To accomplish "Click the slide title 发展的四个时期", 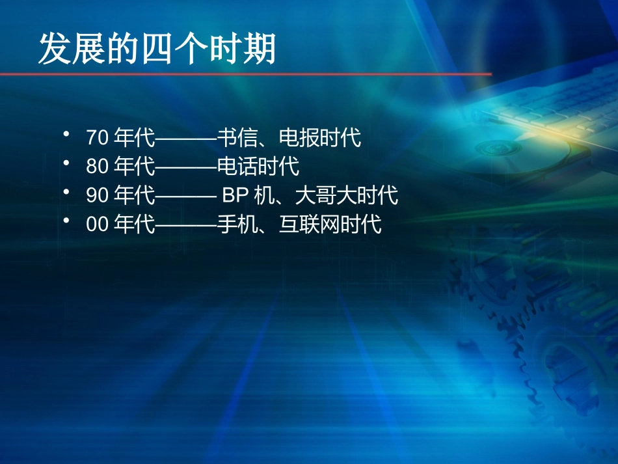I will pyautogui.click(x=157, y=49).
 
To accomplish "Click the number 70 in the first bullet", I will pyautogui.click(x=96, y=138).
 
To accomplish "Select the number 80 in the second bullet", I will pyautogui.click(x=96, y=167).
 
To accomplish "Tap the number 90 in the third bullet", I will pyautogui.click(x=96, y=195).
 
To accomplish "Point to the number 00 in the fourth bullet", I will pyautogui.click(x=96, y=225).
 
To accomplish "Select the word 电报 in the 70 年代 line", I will pyautogui.click(x=299, y=138).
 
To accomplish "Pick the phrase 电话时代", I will pyautogui.click(x=258, y=167).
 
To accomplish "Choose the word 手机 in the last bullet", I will pyautogui.click(x=237, y=225).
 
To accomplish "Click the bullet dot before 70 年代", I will pyautogui.click(x=66, y=134).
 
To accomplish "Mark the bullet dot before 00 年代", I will pyautogui.click(x=66, y=221).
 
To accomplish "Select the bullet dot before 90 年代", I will pyautogui.click(x=66, y=191).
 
